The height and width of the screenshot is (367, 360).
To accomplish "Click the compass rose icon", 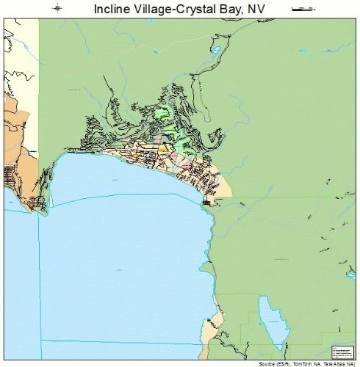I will (x=58, y=9).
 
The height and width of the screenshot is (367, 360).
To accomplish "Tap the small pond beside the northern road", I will (x=215, y=51).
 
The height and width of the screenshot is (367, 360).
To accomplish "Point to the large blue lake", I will (x=118, y=257).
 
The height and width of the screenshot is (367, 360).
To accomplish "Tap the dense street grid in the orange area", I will (x=11, y=176).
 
